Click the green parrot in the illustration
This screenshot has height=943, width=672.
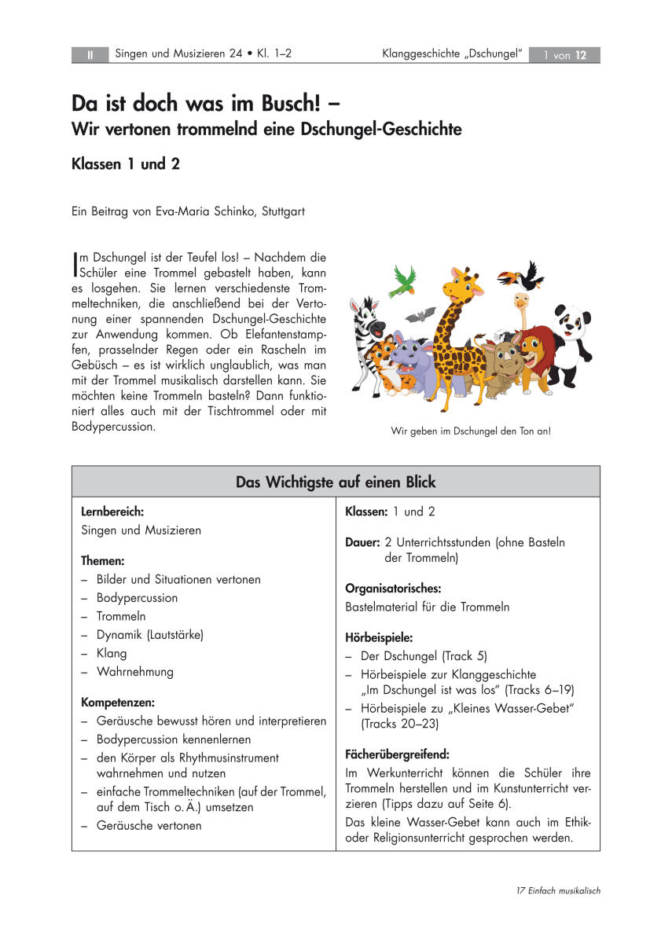point(404,278)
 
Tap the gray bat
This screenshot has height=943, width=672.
point(420,314)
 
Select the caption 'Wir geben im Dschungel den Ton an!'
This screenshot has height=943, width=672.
point(470,431)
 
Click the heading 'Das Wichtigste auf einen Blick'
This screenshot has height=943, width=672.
point(336,482)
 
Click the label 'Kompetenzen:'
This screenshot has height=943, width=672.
point(118,702)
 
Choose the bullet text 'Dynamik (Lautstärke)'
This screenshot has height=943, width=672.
point(150,635)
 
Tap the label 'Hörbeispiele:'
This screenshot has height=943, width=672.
point(379,637)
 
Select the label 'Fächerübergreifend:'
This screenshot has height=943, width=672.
point(397,754)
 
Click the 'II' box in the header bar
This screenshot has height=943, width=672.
point(90,55)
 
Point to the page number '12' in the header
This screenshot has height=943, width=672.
point(582,55)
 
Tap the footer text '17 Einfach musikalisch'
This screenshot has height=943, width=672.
point(559,890)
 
